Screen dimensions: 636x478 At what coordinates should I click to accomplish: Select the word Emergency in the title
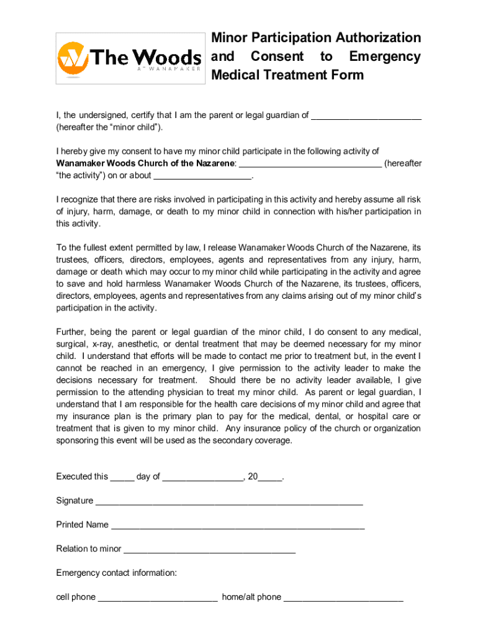pos(384,57)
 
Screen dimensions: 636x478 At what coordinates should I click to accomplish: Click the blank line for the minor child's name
pos(366,116)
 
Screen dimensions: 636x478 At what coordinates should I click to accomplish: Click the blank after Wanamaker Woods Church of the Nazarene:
pos(310,163)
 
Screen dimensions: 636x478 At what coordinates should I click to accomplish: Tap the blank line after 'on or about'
pos(202,176)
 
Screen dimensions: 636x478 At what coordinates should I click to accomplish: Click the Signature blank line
pos(228,501)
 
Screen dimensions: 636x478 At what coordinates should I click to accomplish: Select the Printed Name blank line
pos(237,525)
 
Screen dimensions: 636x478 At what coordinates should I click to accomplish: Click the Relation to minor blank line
pos(209,549)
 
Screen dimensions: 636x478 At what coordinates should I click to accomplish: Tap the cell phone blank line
pos(158,597)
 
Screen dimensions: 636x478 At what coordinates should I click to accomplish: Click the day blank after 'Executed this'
pos(122,477)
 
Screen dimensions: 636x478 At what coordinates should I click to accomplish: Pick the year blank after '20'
pos(270,477)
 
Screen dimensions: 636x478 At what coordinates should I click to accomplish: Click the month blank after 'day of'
pos(203,477)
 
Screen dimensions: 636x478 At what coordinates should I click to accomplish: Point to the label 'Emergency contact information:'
pos(117,573)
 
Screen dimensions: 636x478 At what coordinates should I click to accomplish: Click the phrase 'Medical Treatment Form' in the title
pos(287,75)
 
